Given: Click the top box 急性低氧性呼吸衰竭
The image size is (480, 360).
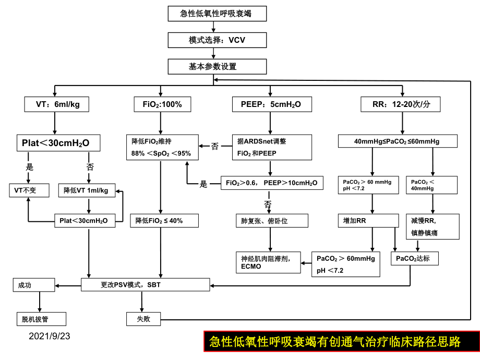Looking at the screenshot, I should [x=215, y=14].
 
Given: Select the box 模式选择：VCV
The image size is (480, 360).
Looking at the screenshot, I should [x=215, y=40].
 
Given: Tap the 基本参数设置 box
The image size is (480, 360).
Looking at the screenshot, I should [x=217, y=67].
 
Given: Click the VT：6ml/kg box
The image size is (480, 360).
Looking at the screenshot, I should [x=56, y=104].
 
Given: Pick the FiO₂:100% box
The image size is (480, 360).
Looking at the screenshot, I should [x=162, y=104].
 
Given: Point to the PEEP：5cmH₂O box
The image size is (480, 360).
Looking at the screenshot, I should [x=267, y=104].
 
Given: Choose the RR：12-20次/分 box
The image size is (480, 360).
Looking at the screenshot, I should [x=400, y=104].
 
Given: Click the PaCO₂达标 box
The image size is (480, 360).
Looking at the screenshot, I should [x=414, y=258].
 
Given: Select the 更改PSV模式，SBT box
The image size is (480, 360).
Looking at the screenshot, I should [x=146, y=285].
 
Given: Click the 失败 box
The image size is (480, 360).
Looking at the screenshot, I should [x=143, y=319].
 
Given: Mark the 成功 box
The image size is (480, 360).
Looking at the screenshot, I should [x=32, y=285].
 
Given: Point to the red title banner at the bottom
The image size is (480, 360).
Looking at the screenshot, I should [x=341, y=342].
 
